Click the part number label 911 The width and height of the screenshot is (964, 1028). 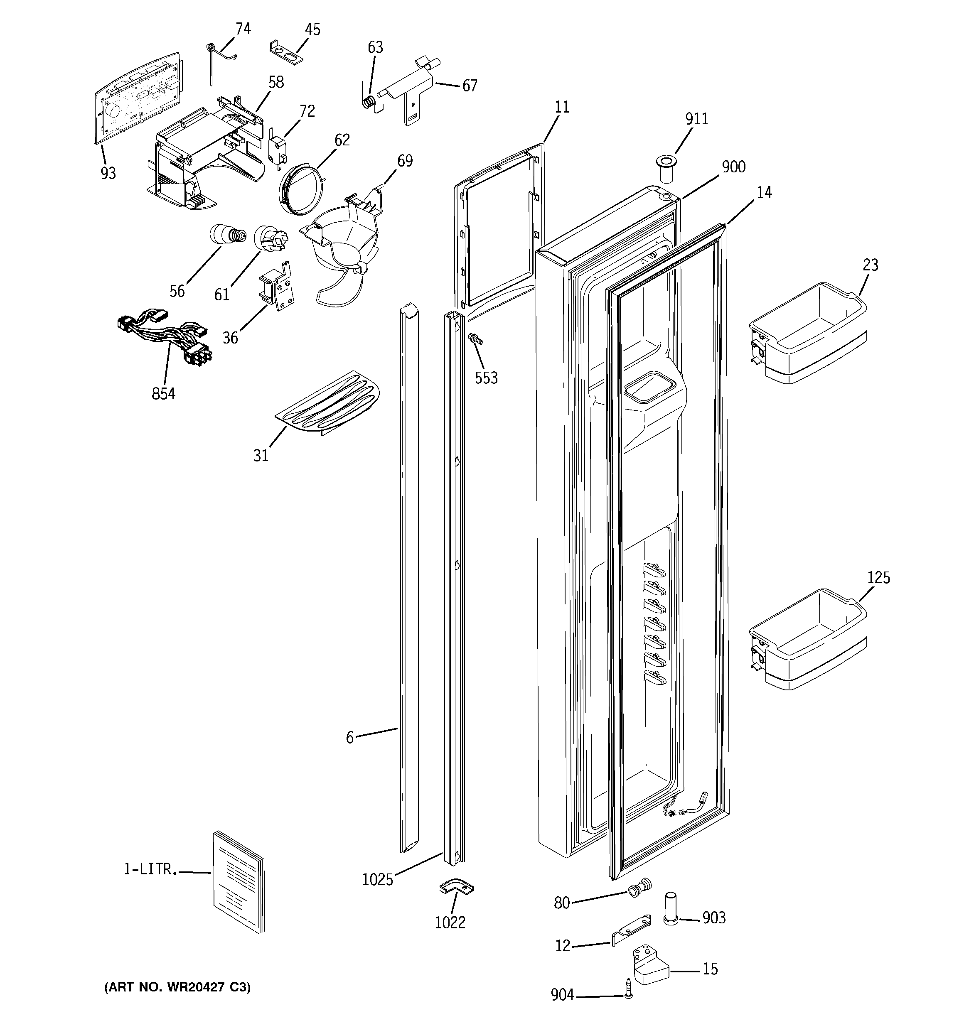pyautogui.click(x=696, y=119)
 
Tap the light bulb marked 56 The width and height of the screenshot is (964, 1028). pyautogui.click(x=226, y=235)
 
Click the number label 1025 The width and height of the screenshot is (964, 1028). pyautogui.click(x=377, y=880)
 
